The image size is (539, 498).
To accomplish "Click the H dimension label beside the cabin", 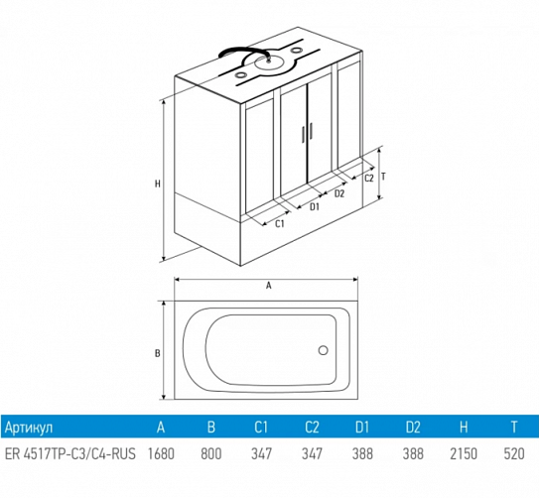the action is pyautogui.click(x=158, y=184).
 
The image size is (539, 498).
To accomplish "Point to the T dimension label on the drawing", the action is pyautogui.click(x=383, y=177).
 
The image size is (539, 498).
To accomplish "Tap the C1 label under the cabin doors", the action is pyautogui.click(x=280, y=223).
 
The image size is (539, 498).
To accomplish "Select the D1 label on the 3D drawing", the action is pyautogui.click(x=315, y=206).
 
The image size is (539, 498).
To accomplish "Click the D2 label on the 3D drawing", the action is pyautogui.click(x=339, y=193).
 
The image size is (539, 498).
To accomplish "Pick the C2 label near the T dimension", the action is pyautogui.click(x=369, y=178).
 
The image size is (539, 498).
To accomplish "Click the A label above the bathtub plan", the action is pyautogui.click(x=269, y=286).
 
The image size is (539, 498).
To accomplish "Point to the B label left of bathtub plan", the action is pyautogui.click(x=158, y=353).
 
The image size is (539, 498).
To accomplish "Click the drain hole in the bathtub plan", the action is pyautogui.click(x=324, y=350).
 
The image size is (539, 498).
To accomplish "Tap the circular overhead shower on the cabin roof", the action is pyautogui.click(x=269, y=63).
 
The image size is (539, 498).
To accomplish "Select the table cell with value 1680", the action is pyautogui.click(x=161, y=453).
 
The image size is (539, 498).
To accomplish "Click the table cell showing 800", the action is pyautogui.click(x=211, y=453).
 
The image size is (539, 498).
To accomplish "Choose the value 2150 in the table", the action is pyautogui.click(x=464, y=453).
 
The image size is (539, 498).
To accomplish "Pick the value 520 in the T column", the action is pyautogui.click(x=514, y=453).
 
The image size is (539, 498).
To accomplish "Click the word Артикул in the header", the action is pyautogui.click(x=29, y=428).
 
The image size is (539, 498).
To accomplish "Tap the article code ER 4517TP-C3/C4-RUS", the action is pyautogui.click(x=70, y=453).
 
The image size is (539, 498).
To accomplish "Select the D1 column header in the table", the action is pyautogui.click(x=362, y=427).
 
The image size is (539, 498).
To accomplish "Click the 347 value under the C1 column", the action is pyautogui.click(x=262, y=453).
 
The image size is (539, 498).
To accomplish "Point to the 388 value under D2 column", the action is pyautogui.click(x=413, y=453).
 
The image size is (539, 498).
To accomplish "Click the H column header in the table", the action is pyautogui.click(x=464, y=427).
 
